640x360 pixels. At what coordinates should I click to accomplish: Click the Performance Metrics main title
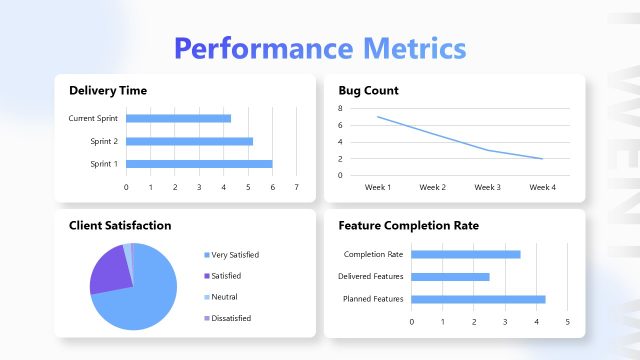click(320, 48)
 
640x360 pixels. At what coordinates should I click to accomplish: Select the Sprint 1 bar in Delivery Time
click(198, 164)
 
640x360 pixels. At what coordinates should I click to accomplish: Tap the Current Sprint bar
click(178, 118)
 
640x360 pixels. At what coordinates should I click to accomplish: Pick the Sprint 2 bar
click(189, 141)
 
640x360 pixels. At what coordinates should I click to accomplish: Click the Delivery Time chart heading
click(108, 91)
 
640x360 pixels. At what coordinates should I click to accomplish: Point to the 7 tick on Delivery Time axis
click(296, 187)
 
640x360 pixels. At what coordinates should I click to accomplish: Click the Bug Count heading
click(368, 91)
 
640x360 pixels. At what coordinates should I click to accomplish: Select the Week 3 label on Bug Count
click(487, 187)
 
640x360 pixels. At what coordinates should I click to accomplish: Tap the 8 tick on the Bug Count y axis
click(340, 108)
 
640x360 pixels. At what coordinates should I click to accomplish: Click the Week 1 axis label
click(377, 187)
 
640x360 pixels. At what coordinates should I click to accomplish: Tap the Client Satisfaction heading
click(120, 226)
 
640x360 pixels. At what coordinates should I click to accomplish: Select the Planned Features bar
click(478, 299)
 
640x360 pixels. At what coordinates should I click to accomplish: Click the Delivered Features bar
click(450, 277)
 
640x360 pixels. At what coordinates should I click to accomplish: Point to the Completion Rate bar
click(465, 254)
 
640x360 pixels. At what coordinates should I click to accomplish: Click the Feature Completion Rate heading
click(408, 226)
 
